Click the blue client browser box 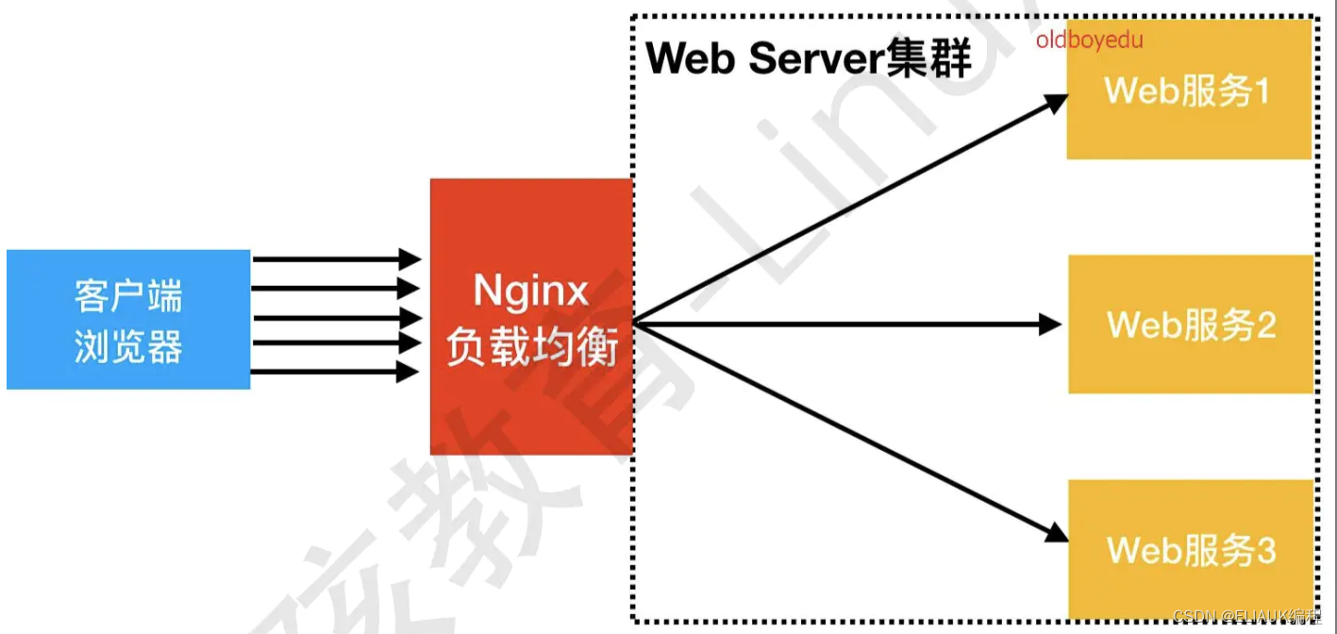point(128,319)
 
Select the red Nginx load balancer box point(531,316)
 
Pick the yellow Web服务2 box point(1191,324)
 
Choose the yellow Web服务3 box point(1191,549)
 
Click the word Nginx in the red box point(531,291)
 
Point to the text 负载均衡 point(531,348)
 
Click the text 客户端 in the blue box point(128,296)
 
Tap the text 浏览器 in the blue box point(128,348)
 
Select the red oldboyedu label point(1089,41)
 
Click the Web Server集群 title point(809,58)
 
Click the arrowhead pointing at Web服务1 point(1057,101)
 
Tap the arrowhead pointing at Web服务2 point(1051,325)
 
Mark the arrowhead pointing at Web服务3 point(1057,533)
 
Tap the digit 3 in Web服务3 point(1265,550)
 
